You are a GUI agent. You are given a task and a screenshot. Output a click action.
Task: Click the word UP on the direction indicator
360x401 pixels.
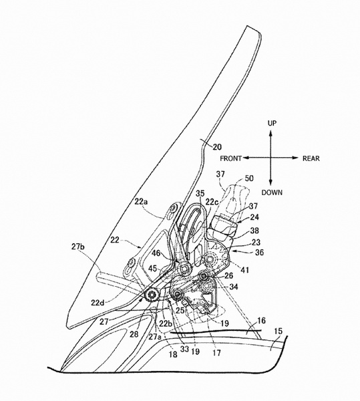pos(272,123)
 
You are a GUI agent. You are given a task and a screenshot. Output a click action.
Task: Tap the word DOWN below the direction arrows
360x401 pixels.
pos(272,192)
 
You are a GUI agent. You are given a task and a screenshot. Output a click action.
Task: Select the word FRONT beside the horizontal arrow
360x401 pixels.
pos(230,158)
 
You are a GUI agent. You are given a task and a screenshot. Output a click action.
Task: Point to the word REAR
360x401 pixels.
pos(311,158)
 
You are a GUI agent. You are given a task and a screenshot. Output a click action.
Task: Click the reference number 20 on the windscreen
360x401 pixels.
pos(217,147)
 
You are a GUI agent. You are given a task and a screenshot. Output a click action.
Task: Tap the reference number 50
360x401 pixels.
pos(249,178)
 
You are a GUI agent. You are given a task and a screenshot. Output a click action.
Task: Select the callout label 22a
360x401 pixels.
pos(141,202)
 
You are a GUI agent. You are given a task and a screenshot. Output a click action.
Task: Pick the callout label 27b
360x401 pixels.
pos(78,247)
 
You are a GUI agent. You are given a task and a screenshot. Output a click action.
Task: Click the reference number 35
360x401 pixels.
pos(200,194)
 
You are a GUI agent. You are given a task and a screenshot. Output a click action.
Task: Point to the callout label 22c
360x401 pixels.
pos(212,202)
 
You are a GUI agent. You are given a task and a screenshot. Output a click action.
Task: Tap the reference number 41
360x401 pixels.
pos(244,270)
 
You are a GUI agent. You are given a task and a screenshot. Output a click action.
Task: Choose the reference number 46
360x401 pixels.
pos(156,253)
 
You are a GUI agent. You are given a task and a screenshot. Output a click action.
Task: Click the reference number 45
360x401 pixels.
pos(153,269)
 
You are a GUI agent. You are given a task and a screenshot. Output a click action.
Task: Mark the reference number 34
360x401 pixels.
pos(233,287)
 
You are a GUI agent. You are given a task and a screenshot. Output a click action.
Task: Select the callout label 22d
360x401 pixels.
pos(98,303)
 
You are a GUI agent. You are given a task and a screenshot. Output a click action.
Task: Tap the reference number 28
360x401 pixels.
pos(134,334)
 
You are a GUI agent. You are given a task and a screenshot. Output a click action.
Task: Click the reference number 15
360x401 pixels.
pos(278,331)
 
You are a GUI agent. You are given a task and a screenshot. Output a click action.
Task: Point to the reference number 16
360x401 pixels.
pos(261,320)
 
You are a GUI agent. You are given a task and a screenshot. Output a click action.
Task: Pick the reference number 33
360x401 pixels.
pos(184,349)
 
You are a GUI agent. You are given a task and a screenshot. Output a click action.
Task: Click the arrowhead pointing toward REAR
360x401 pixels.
pos(295,158)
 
